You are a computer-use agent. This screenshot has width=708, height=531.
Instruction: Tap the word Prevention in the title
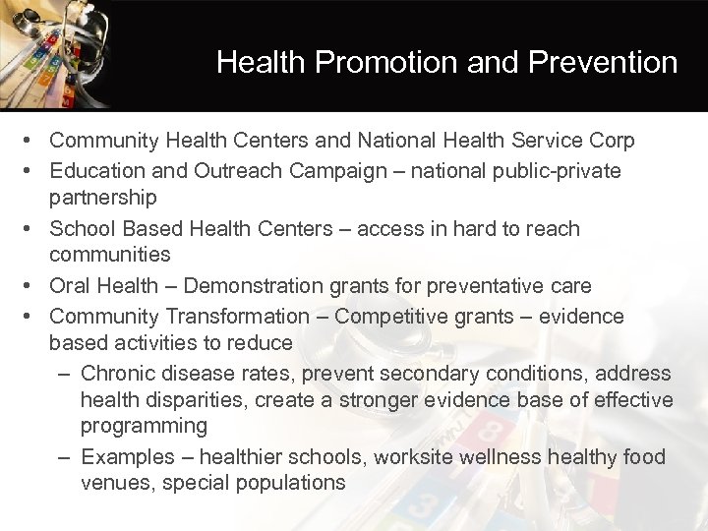603,63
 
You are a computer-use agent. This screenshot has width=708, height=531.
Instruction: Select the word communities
110,255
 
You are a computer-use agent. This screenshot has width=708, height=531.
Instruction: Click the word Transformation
240,317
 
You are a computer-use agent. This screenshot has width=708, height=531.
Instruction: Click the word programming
144,427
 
